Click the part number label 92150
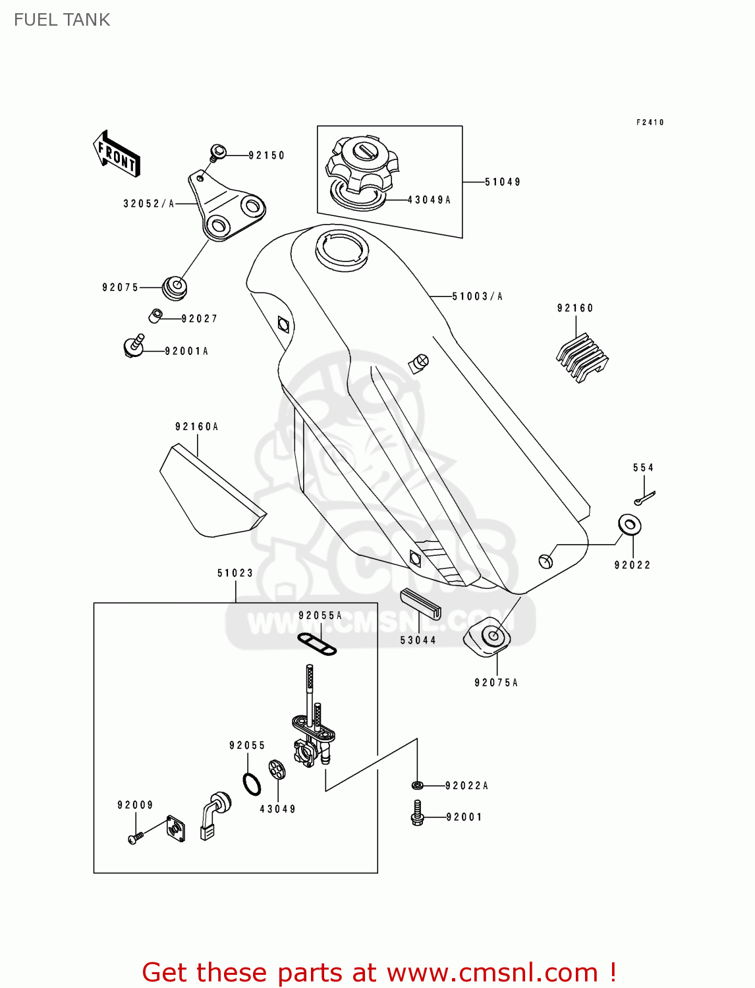tap(266, 155)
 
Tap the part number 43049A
tap(429, 200)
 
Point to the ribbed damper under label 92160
tap(582, 358)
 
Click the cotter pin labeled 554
tap(645, 498)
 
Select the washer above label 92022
tap(630, 524)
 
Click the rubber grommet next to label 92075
tap(175, 288)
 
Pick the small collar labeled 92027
tap(155, 315)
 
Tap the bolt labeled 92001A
tap(133, 346)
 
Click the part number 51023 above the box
tap(235, 573)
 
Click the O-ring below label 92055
tap(252, 784)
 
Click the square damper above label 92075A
tap(488, 637)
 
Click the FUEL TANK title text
tap(62, 20)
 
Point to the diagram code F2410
tap(650, 123)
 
